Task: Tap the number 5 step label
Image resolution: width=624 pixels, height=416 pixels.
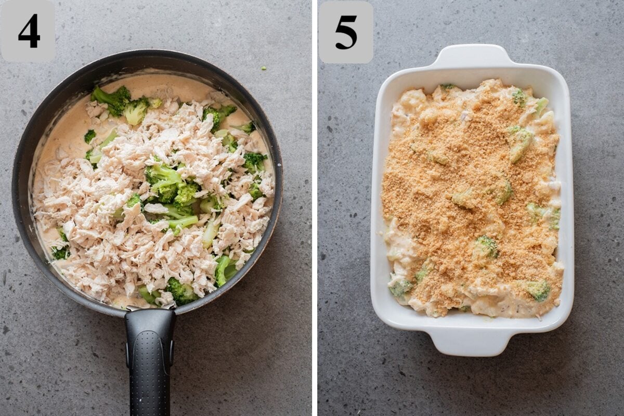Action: click(x=346, y=32)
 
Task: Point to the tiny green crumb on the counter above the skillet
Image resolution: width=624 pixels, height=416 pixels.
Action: click(x=264, y=68)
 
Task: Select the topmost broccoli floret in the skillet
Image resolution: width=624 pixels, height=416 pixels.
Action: click(x=112, y=99)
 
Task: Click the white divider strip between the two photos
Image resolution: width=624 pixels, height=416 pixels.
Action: click(x=315, y=208)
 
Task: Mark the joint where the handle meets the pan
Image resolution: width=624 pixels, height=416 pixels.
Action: click(x=149, y=312)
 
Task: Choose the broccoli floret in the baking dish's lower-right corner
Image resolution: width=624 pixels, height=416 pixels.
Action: click(x=538, y=290)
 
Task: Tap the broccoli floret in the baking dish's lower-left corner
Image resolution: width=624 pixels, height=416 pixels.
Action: click(x=400, y=286)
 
